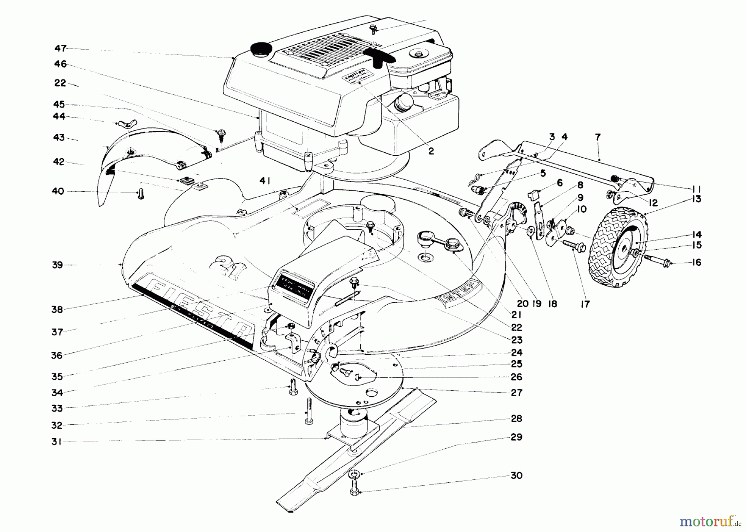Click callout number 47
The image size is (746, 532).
[x=61, y=48]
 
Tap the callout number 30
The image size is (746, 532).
[x=516, y=476]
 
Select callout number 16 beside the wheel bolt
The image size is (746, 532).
[x=697, y=262]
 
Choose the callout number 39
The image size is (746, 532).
[x=58, y=265]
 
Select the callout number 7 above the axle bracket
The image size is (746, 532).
[x=598, y=137]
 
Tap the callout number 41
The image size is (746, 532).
[x=265, y=181]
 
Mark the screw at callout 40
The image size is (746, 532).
[x=140, y=194]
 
